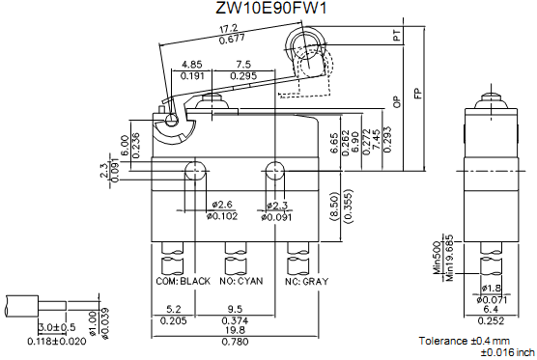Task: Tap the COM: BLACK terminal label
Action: point(183,281)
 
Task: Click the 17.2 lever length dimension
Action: point(228,28)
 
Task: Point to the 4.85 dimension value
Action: point(192,65)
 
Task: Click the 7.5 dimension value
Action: point(242,65)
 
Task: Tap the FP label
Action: point(417,94)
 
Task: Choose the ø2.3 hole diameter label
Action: point(276,205)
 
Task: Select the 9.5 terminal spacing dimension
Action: point(235,310)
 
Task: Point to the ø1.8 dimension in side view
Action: point(491,289)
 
